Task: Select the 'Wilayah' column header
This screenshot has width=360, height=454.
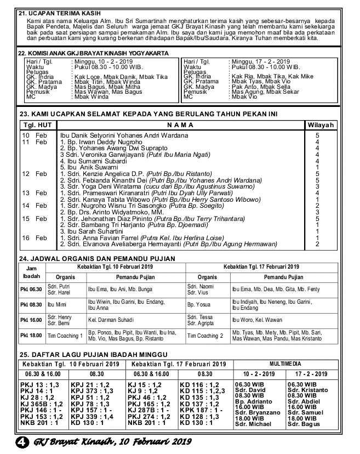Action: pos(319,125)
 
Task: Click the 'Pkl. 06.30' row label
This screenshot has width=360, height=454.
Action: pos(31,289)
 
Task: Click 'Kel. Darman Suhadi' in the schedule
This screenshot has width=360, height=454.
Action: pos(112,320)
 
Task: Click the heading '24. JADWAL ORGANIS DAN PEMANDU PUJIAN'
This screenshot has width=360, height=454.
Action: pos(97,259)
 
